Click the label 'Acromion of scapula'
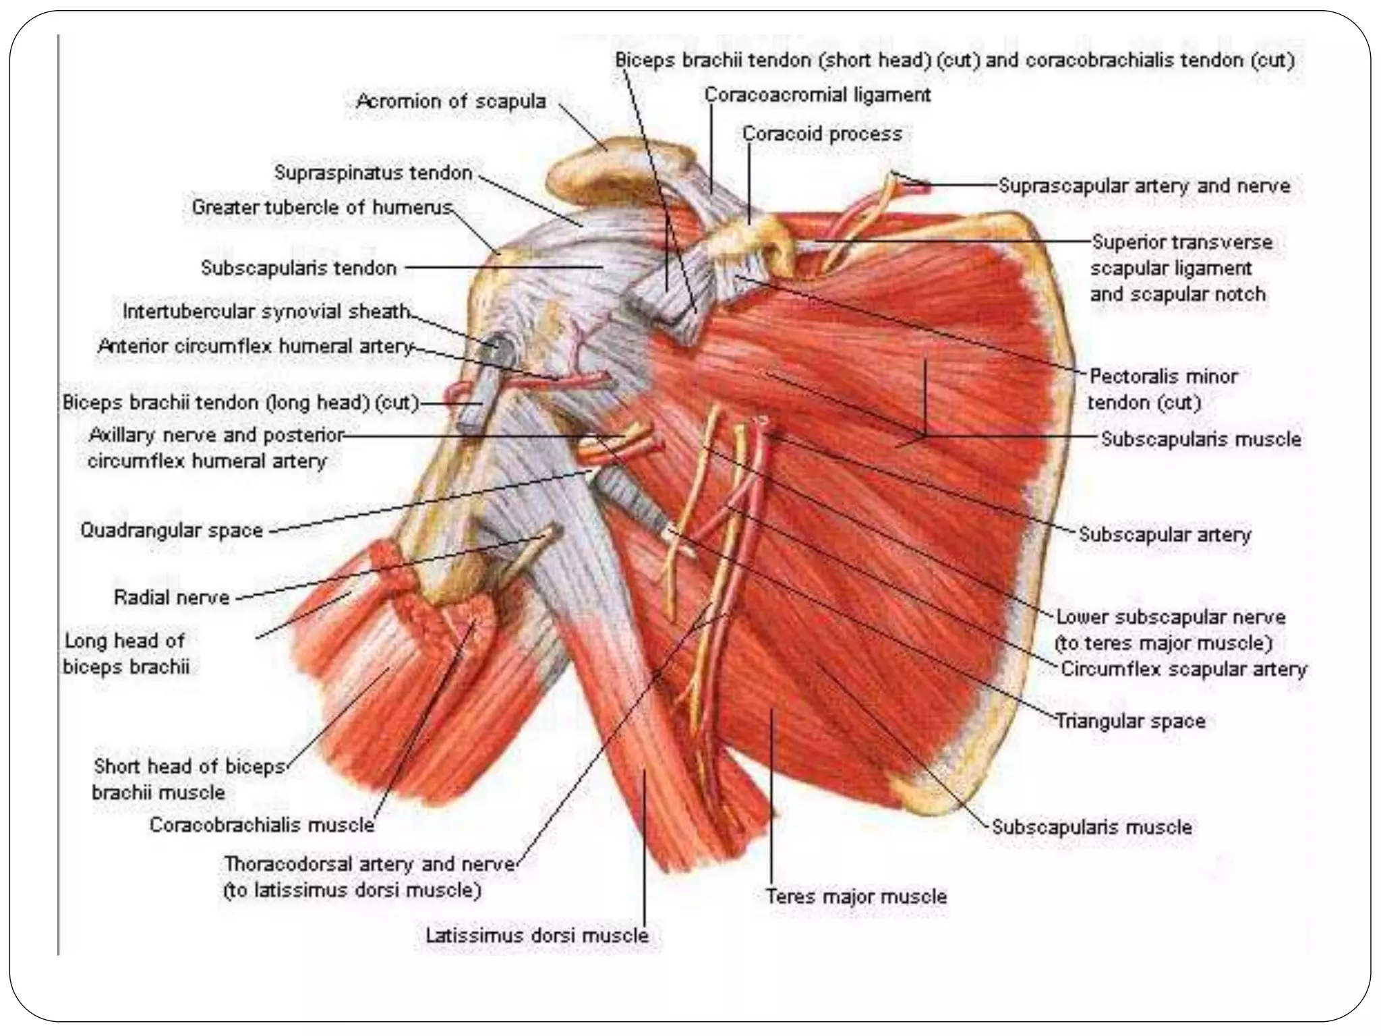tap(450, 102)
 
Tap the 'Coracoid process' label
tap(822, 134)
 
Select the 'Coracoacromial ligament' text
tap(817, 95)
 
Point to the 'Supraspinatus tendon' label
tap(373, 173)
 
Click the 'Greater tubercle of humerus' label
tap(322, 208)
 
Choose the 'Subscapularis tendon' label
tap(299, 268)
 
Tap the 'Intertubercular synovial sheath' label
tap(266, 312)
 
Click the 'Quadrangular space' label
tap(172, 530)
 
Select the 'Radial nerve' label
tap(172, 598)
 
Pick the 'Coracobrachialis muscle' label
tap(262, 825)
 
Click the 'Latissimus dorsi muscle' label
tap(537, 936)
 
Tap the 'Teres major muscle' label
tap(856, 896)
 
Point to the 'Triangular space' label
tap(1130, 722)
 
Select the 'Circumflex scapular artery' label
tap(1183, 669)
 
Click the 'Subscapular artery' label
tap(1165, 535)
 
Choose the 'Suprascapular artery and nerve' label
tap(1144, 186)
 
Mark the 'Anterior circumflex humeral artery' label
tap(256, 347)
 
